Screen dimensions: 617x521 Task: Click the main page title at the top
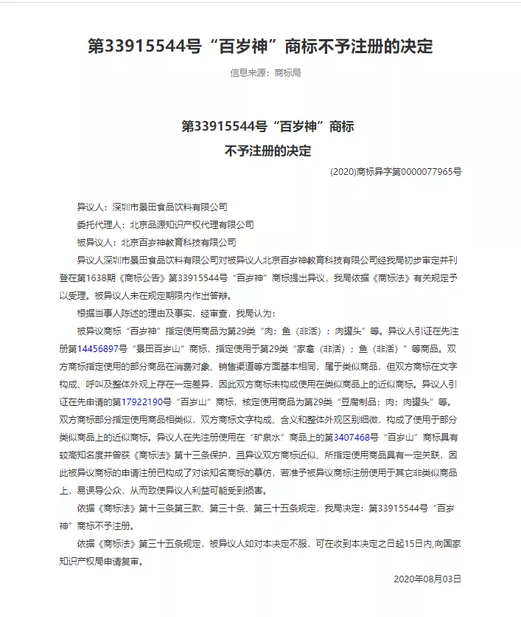click(x=260, y=46)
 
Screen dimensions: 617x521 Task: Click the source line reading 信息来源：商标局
click(x=265, y=73)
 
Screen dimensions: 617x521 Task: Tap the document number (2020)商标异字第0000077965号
click(x=396, y=171)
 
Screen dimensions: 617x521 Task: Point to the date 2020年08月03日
click(x=427, y=579)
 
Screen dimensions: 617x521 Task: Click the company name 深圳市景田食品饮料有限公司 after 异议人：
click(x=168, y=207)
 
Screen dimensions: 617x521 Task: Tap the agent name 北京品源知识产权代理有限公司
click(x=191, y=224)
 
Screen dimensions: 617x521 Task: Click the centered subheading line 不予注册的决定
click(x=267, y=151)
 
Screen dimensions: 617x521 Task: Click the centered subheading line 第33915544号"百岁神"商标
click(x=267, y=126)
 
